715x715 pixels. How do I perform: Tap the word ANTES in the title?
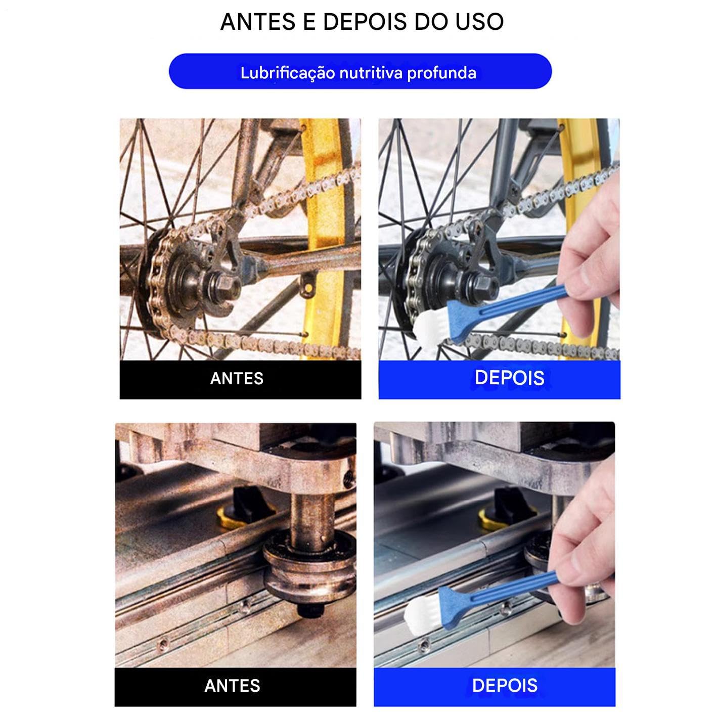(258, 22)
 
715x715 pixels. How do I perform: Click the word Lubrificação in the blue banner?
(288, 73)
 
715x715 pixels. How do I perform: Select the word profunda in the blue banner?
(441, 73)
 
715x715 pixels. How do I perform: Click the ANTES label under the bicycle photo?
(237, 378)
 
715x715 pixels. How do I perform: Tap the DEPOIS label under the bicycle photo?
(509, 378)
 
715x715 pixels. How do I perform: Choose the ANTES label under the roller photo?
(232, 686)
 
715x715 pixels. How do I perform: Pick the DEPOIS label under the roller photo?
(505, 685)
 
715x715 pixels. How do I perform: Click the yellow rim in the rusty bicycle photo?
(323, 238)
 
